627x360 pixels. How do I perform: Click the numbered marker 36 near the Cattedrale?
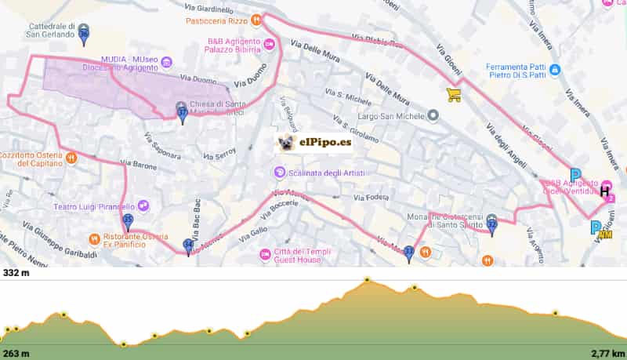click(x=84, y=33)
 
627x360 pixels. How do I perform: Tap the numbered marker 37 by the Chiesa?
click(x=182, y=112)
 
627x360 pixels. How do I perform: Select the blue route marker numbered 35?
click(x=129, y=220)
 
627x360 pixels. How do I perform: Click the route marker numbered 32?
click(x=491, y=224)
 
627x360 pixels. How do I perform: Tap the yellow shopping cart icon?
click(x=453, y=95)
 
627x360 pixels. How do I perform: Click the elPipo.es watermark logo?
click(x=313, y=143)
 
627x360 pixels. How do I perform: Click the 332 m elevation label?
click(x=16, y=273)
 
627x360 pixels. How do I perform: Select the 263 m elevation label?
click(x=16, y=353)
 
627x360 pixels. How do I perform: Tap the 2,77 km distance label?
click(x=608, y=353)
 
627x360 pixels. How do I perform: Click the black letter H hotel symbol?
click(x=605, y=191)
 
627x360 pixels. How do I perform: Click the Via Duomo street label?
click(x=198, y=78)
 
